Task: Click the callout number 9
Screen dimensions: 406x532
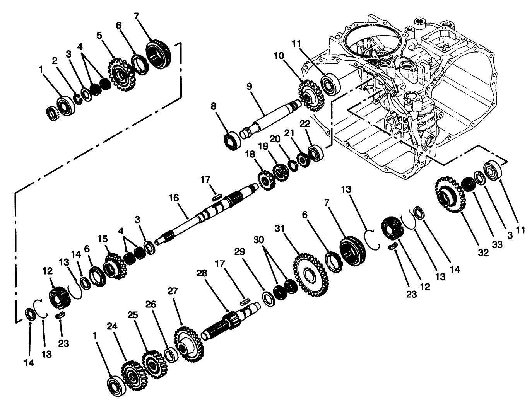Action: click(x=249, y=85)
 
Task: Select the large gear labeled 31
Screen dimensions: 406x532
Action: click(x=309, y=275)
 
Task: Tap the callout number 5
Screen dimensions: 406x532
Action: click(x=99, y=35)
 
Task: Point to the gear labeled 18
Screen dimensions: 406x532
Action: click(x=265, y=180)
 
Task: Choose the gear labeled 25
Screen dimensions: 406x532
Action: click(x=154, y=364)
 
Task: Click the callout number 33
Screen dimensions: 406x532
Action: click(x=497, y=245)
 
